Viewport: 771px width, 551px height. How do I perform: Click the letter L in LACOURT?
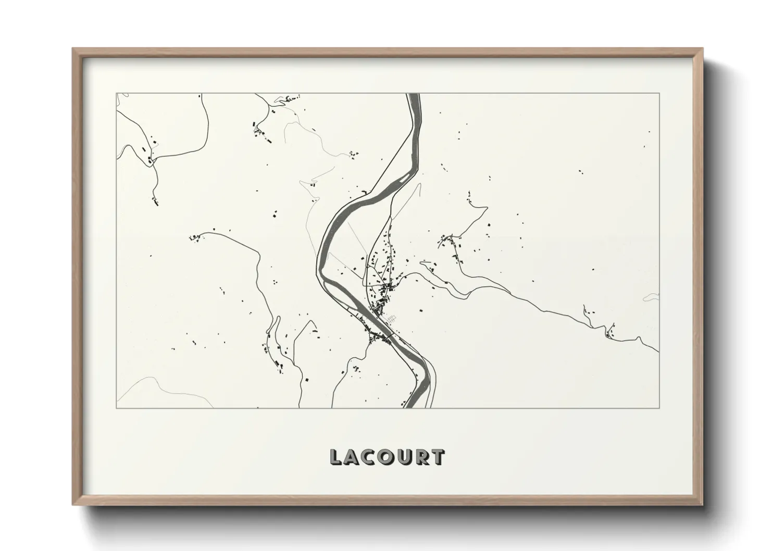[335, 457]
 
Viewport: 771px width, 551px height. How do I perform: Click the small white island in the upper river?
[406, 178]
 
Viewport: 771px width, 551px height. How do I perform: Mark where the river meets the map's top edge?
[414, 94]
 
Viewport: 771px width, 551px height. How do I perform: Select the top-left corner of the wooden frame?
[73, 49]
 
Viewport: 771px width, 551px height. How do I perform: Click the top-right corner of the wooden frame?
[703, 49]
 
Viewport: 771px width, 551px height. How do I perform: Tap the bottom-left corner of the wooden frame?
[73, 505]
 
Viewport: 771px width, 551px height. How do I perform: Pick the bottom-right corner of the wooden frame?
[703, 505]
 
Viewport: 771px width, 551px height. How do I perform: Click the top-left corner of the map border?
[116, 94]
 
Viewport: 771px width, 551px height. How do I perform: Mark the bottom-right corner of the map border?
[660, 408]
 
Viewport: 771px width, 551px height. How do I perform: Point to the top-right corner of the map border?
[660, 94]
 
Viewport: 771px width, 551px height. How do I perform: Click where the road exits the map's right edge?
[659, 352]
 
